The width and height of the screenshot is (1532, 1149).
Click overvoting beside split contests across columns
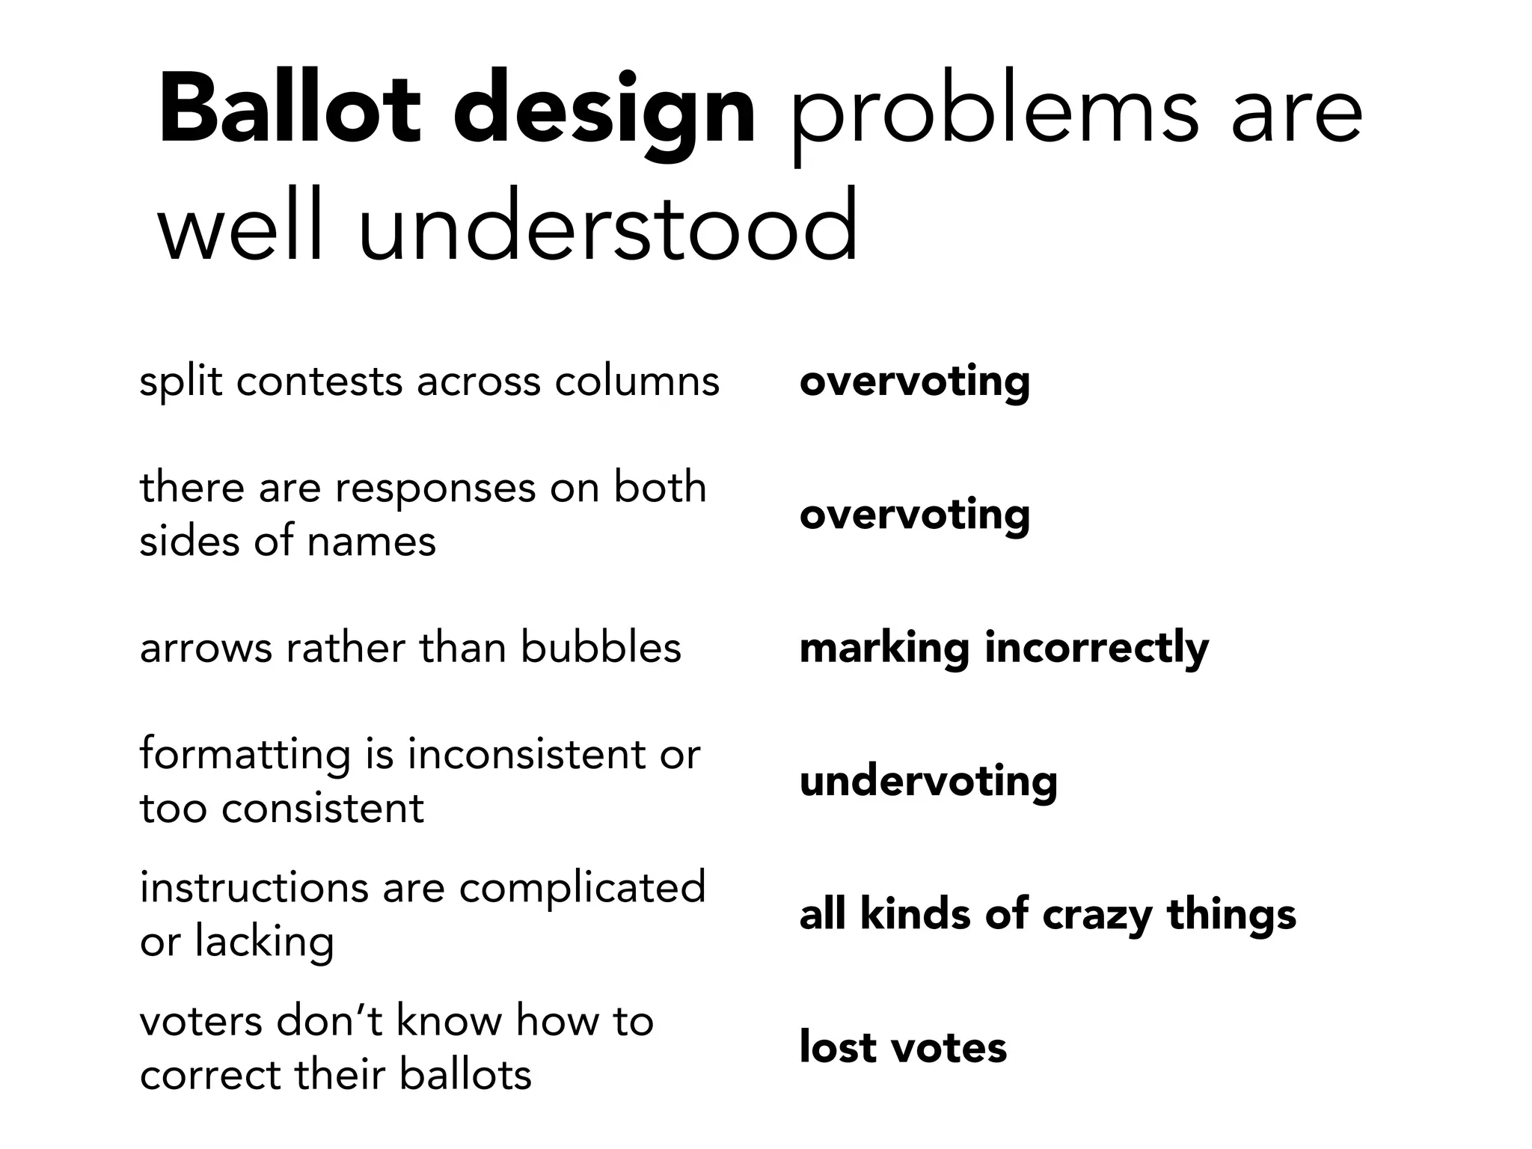point(914,382)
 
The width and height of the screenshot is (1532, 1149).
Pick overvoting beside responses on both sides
point(914,515)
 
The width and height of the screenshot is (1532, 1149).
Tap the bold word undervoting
point(928,781)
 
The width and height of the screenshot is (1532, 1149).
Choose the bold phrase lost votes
point(903,1047)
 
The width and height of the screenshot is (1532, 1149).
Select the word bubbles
point(601,648)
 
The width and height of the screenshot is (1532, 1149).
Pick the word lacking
point(264,941)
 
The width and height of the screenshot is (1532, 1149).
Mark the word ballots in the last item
point(465,1074)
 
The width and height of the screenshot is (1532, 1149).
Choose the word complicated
point(582,888)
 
